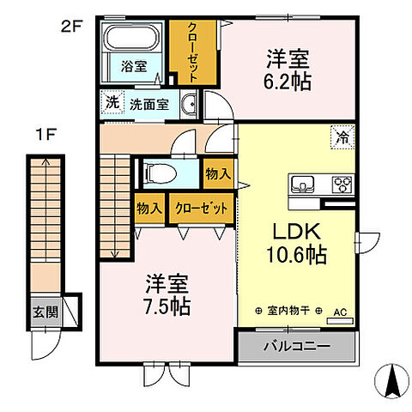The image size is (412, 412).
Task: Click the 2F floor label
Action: click(x=70, y=27)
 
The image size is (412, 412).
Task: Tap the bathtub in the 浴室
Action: click(x=133, y=39)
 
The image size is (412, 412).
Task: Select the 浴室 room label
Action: click(x=133, y=66)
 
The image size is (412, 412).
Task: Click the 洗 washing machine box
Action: click(x=112, y=102)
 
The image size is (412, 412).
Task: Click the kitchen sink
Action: click(x=304, y=183)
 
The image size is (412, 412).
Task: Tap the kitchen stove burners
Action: click(x=342, y=183)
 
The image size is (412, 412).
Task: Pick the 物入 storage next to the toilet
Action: click(x=219, y=173)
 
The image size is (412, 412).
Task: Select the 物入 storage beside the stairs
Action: click(x=150, y=209)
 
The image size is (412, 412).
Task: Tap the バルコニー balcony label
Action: click(x=295, y=347)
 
